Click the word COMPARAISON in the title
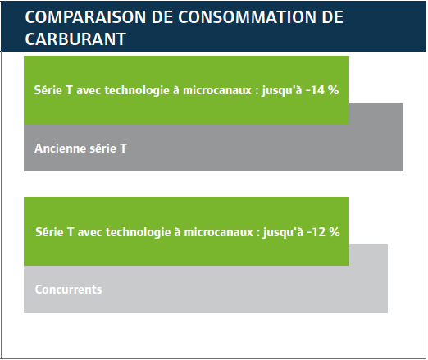pos(85,17)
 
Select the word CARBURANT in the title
pos(75,39)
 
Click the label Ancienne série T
pos(80,148)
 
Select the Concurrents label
pos(68,289)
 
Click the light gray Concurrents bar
pos(206,289)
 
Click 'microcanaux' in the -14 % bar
pos(217,90)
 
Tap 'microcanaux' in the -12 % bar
pos(218,232)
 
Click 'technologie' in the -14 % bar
pos(137,90)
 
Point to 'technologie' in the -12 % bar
pos(139,232)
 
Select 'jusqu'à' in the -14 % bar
pos(282,90)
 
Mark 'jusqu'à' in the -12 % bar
pos(283,232)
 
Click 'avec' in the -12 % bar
pos(89,232)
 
